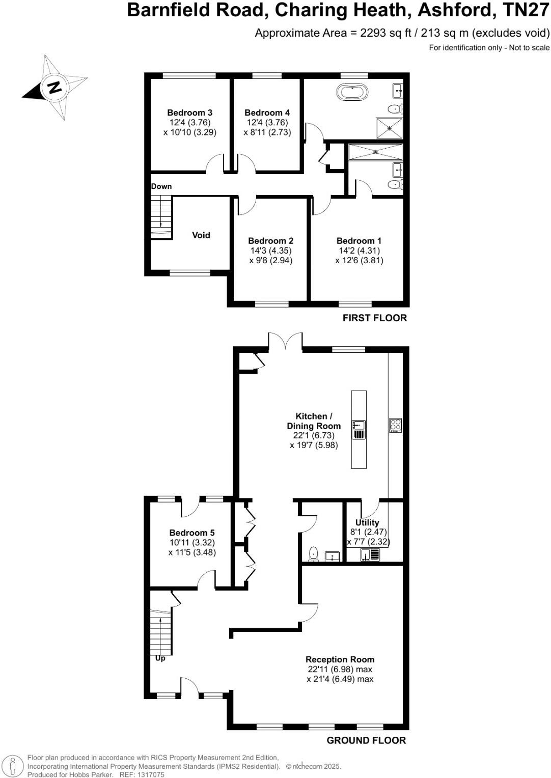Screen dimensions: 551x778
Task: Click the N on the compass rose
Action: click(x=54, y=87)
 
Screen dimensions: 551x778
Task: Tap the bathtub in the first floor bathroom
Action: click(x=352, y=92)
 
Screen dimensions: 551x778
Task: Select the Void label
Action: click(x=201, y=235)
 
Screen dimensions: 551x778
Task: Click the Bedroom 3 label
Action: click(x=189, y=113)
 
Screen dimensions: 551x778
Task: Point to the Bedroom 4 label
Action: click(x=267, y=113)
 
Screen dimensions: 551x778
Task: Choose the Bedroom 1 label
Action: click(x=359, y=241)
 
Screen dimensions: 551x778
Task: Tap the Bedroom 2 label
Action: click(x=270, y=241)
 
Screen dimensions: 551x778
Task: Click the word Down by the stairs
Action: click(x=161, y=186)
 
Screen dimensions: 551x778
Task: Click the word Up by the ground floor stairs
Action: click(x=160, y=658)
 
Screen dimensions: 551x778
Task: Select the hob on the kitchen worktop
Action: click(x=395, y=425)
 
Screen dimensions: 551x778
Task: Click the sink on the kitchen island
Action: click(x=359, y=425)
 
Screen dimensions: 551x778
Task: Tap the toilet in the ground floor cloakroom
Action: click(x=313, y=553)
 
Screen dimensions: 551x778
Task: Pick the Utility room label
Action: click(x=367, y=522)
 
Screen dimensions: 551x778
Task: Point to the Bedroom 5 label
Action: click(x=192, y=533)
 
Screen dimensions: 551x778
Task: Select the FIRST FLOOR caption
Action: click(x=374, y=318)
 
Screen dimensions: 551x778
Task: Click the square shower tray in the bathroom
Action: click(x=389, y=128)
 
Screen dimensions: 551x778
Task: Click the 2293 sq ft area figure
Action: click(x=385, y=33)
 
